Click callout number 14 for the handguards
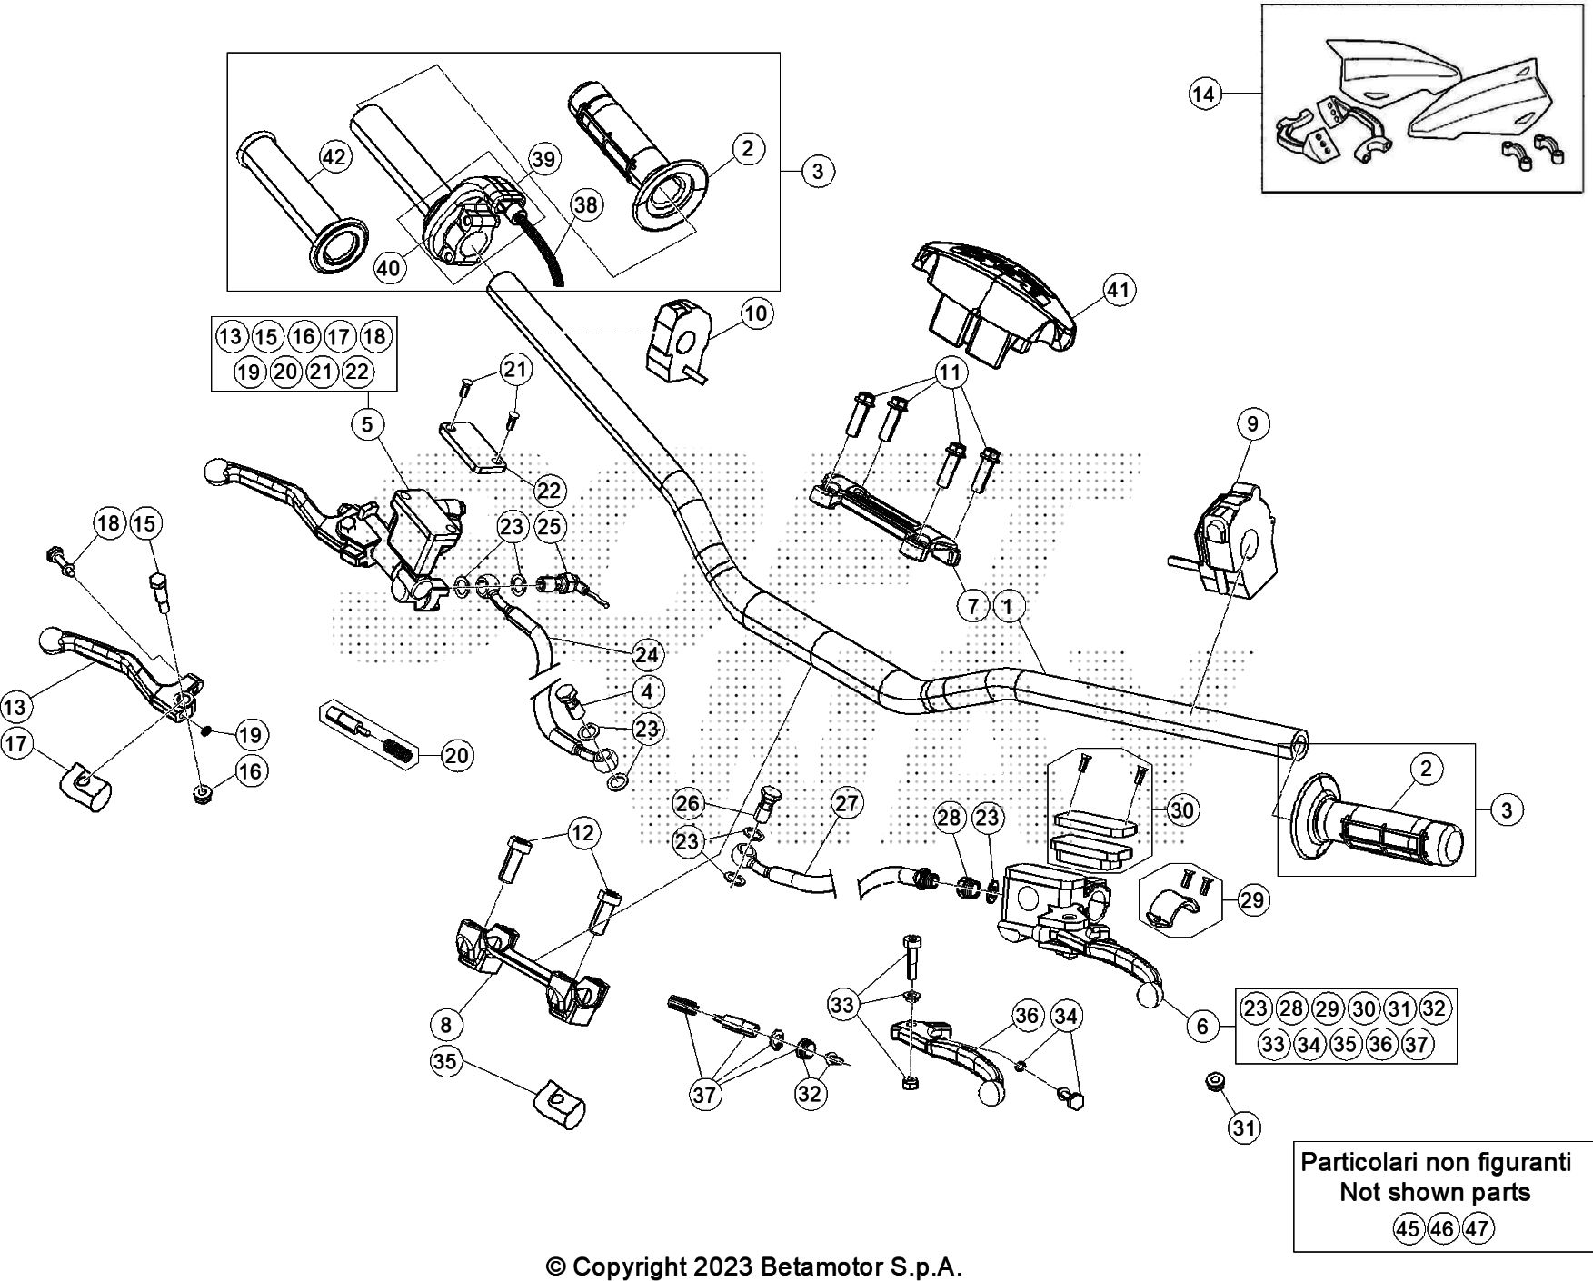point(1204,94)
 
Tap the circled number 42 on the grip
point(334,157)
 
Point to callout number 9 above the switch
point(1252,423)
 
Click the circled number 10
point(755,313)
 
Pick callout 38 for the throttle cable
point(586,205)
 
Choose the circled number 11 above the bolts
point(949,372)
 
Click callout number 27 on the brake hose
point(846,803)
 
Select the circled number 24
point(647,654)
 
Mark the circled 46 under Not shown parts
point(1441,1229)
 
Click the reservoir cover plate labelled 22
point(474,452)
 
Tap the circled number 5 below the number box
point(368,424)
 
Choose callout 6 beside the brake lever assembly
point(1202,1026)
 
